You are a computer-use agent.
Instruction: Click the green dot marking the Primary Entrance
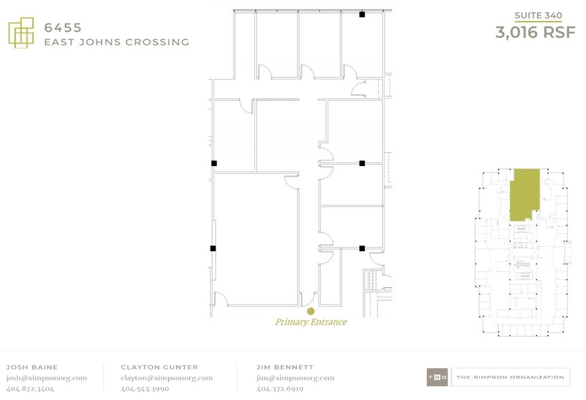coord(311,311)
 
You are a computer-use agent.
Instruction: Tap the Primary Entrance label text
coord(311,322)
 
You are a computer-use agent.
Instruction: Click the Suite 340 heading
coord(538,16)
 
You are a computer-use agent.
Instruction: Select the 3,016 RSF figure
coord(535,32)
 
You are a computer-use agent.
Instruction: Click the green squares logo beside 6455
coord(21,33)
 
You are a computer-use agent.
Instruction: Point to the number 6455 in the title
coord(63,28)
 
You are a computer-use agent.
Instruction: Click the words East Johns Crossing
coord(117,42)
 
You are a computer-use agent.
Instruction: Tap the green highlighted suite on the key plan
coord(524,194)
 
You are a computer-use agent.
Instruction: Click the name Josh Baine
coord(32,367)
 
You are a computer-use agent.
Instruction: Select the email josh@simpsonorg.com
coord(47,378)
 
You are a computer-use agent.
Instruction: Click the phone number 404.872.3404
coord(30,389)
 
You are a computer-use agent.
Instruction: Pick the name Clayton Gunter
coord(159,367)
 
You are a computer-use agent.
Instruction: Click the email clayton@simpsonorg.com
coord(167,378)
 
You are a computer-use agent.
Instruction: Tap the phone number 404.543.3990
coord(145,389)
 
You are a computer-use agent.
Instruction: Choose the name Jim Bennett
coord(285,367)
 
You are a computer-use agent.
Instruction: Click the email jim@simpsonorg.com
coord(295,378)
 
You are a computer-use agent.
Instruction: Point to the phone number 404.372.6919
coord(280,389)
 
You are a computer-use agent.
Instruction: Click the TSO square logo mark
coord(437,377)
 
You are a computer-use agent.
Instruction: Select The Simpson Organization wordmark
coord(511,377)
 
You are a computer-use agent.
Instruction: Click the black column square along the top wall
coord(362,14)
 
